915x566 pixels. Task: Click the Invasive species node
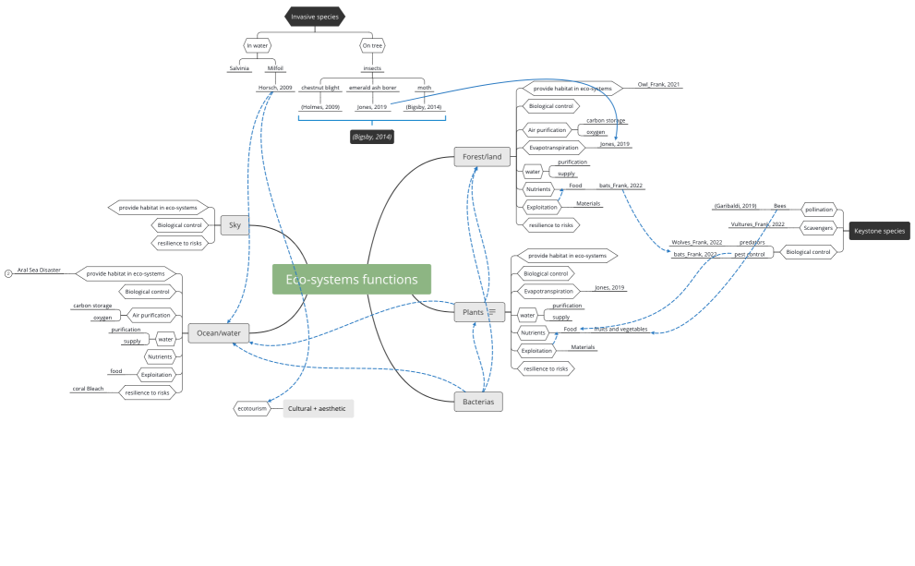(x=315, y=17)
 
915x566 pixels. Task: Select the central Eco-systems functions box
(x=351, y=280)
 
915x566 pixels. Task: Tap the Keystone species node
(x=879, y=231)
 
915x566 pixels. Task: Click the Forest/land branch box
(x=482, y=157)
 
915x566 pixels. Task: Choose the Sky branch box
(x=235, y=224)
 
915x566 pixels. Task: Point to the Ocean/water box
(x=219, y=334)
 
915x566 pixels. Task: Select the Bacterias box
(x=478, y=402)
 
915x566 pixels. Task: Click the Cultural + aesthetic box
(x=318, y=408)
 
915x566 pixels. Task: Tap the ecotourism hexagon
(x=253, y=408)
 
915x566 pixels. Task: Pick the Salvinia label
(x=239, y=68)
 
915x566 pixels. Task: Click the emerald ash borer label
(x=372, y=88)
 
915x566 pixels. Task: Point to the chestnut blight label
(x=319, y=88)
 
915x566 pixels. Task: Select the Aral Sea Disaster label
(x=39, y=271)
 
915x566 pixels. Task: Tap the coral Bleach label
(x=89, y=389)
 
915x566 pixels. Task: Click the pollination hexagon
(x=818, y=210)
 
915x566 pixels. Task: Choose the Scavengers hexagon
(x=818, y=228)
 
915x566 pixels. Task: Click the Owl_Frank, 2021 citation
(x=659, y=85)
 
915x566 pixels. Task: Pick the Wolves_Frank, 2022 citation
(x=696, y=242)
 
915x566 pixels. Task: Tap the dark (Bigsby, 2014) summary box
(x=372, y=137)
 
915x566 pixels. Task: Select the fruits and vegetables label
(x=620, y=330)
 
